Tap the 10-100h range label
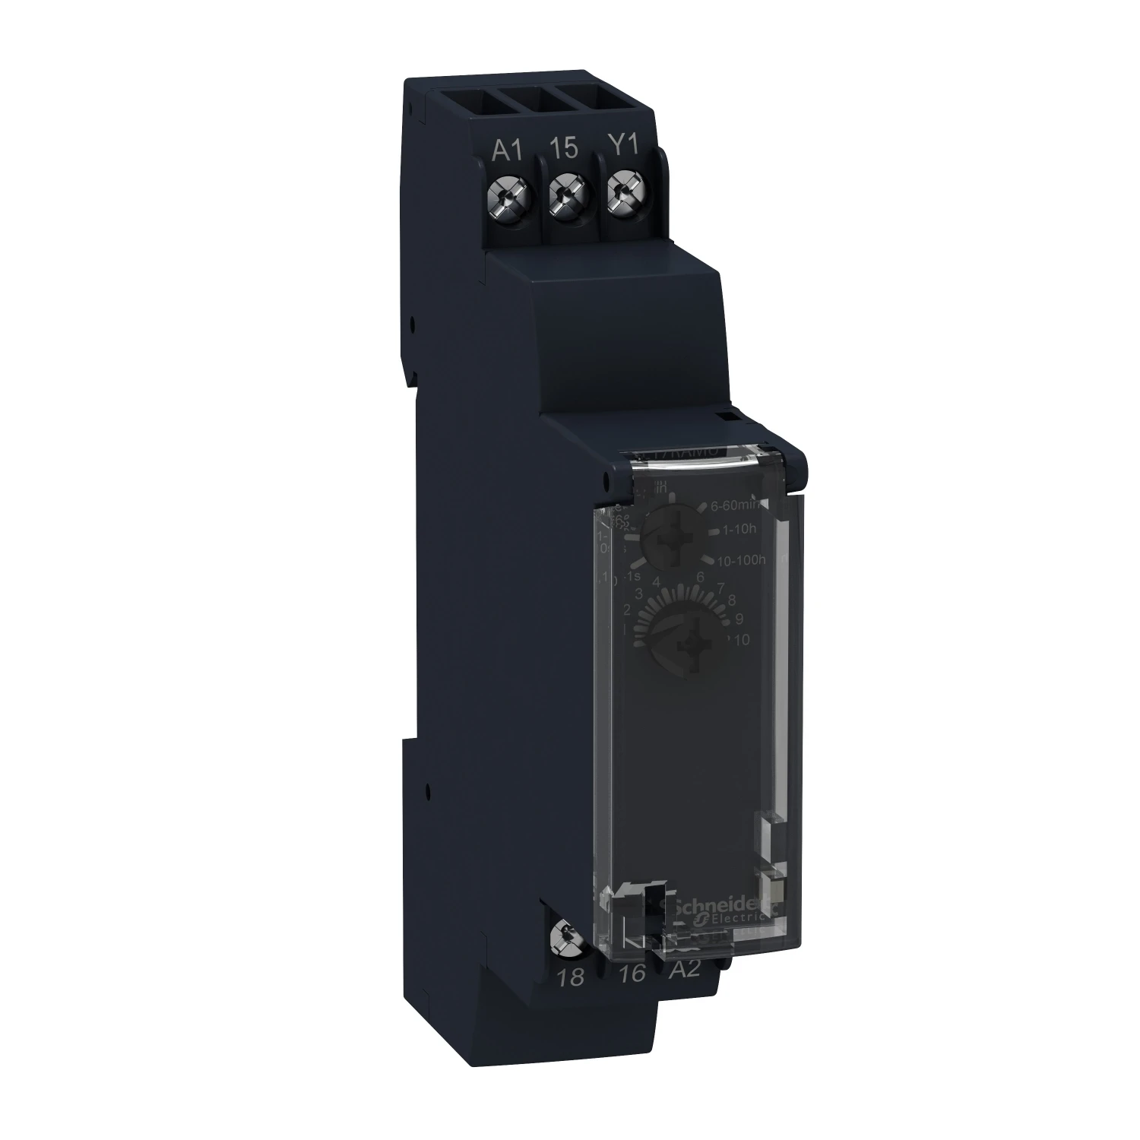tap(740, 560)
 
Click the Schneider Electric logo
tap(714, 910)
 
